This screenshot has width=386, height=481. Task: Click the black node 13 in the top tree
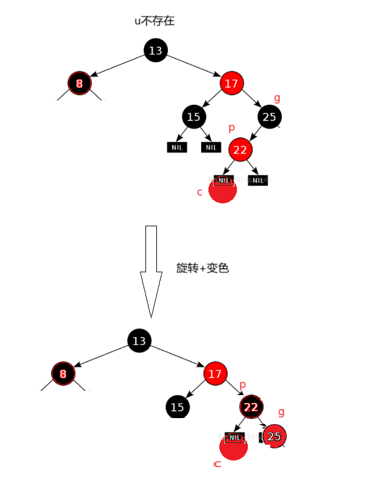coord(156,50)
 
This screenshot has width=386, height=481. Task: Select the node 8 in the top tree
coord(79,83)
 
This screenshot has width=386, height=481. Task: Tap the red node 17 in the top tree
coord(231,83)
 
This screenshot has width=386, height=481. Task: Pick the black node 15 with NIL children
coord(193,117)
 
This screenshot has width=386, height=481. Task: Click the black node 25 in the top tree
coord(269,117)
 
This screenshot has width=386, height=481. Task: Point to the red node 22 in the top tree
coord(240,149)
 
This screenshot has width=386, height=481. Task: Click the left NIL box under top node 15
coord(177,147)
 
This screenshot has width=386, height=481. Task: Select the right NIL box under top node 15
coord(211,147)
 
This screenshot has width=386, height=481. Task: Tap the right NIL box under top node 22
coord(258,180)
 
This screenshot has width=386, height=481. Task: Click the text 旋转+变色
coord(202,268)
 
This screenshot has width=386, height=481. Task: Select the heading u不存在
coord(155,21)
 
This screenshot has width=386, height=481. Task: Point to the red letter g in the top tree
coord(277,98)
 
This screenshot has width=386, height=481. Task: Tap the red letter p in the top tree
coord(231,128)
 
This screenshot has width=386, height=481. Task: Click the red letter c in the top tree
coord(199,192)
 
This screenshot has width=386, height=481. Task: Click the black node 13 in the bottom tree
coord(139,341)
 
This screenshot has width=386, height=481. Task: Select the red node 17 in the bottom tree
coord(215,374)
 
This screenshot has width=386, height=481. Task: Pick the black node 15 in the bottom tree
coord(177,407)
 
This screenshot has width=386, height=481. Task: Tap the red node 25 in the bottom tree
coord(274,436)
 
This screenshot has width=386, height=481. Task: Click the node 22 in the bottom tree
coord(251,407)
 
